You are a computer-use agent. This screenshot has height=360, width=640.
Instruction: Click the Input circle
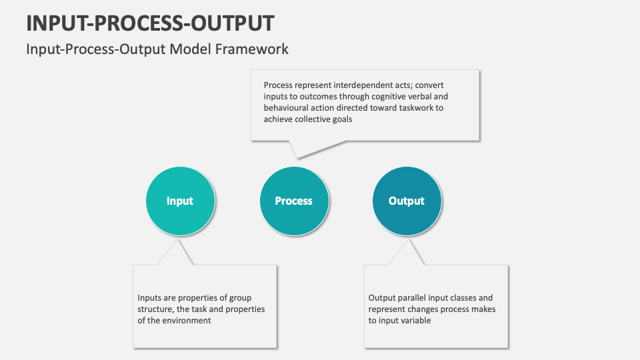point(180,201)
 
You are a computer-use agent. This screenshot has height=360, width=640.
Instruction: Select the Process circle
point(294,201)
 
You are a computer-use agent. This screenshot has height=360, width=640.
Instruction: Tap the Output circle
point(407,201)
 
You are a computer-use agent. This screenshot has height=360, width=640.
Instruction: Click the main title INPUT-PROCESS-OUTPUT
point(150,23)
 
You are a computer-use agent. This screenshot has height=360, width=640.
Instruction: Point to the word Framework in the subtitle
point(252,49)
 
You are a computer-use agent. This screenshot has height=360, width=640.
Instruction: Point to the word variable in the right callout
point(416,321)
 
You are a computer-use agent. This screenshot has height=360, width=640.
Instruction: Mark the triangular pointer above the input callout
point(176,252)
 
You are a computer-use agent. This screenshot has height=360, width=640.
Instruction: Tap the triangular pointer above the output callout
point(407,252)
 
